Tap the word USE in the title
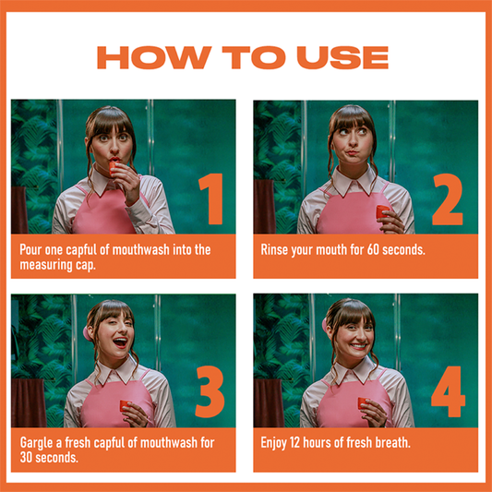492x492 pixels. point(342,57)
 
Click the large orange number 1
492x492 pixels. point(211,199)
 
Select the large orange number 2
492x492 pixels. point(448,199)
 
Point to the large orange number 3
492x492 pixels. point(210,391)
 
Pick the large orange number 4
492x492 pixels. point(448,391)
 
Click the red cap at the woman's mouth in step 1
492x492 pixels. point(113,168)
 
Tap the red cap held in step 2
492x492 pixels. point(382,211)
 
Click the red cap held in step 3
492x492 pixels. point(125,405)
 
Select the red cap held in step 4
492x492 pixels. point(363,403)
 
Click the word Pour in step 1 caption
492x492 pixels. point(30,250)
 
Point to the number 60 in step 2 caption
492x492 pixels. point(373,250)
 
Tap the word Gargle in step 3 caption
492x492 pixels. point(37,443)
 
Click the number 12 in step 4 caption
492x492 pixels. point(295,443)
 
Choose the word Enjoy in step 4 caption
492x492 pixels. point(273,443)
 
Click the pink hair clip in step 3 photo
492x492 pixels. point(87,334)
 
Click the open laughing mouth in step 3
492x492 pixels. point(120,342)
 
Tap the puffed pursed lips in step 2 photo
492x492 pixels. point(353,153)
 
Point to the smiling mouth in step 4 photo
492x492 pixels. point(358,346)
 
